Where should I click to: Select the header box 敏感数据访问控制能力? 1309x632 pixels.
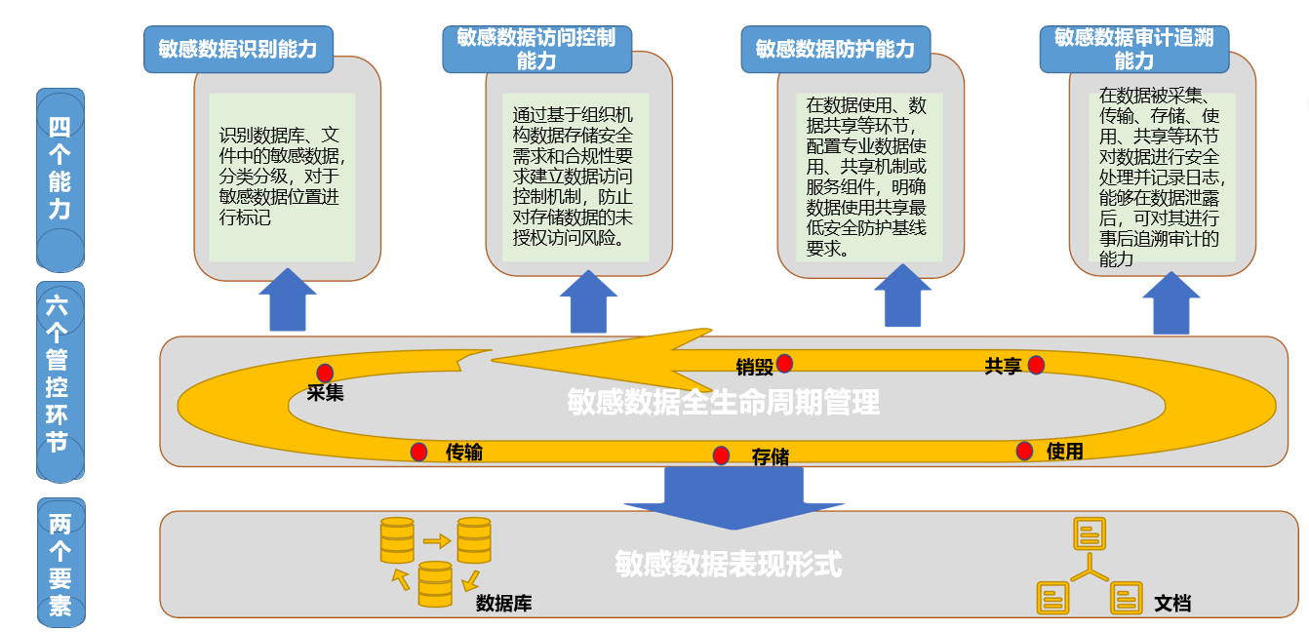(x=536, y=49)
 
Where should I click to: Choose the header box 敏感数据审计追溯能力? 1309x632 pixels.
(x=1133, y=49)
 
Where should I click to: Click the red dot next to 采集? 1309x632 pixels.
(x=325, y=373)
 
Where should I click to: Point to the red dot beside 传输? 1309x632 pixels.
(x=418, y=452)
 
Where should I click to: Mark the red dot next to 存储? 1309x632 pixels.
(x=721, y=455)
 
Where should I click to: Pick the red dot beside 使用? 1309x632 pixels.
(x=1024, y=451)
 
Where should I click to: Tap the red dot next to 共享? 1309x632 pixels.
(x=1036, y=365)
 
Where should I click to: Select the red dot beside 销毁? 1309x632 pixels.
(x=784, y=364)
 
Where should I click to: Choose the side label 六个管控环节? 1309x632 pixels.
(x=60, y=380)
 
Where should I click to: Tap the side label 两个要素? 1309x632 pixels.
(x=60, y=564)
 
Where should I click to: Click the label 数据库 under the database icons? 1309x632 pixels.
(x=503, y=604)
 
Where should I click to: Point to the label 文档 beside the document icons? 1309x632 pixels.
(x=1172, y=603)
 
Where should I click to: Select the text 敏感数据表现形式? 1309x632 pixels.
(x=728, y=564)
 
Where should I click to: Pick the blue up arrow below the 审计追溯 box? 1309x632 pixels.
(x=1170, y=303)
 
